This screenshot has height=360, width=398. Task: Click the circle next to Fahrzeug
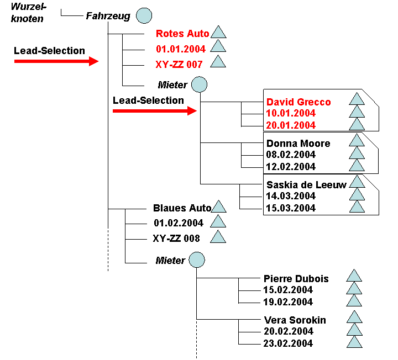tap(144, 15)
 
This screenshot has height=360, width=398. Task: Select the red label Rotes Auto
tap(182, 34)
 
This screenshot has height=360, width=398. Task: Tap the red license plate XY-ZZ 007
tap(179, 65)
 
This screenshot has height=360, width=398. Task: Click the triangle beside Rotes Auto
tap(218, 32)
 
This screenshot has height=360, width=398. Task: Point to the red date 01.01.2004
tap(180, 49)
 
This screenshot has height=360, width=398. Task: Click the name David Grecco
tap(298, 102)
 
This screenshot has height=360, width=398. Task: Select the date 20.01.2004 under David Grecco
tap(291, 125)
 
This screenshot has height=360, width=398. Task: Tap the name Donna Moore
tap(298, 144)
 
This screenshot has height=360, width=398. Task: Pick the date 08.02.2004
tap(291, 155)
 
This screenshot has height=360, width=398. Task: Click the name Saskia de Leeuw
tap(306, 185)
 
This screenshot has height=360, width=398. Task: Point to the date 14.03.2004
tap(291, 196)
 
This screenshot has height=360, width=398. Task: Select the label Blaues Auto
tap(182, 208)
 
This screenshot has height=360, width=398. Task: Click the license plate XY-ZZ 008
tap(176, 239)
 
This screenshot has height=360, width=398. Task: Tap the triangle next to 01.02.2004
tap(218, 221)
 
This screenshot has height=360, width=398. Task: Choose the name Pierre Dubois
tap(296, 279)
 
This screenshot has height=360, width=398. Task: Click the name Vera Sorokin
tap(295, 320)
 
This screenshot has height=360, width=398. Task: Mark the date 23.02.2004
tap(288, 343)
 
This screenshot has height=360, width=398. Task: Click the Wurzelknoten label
tap(28, 13)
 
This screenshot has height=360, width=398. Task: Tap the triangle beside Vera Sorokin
tap(354, 317)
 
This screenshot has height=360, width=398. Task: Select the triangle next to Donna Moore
tap(357, 140)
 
